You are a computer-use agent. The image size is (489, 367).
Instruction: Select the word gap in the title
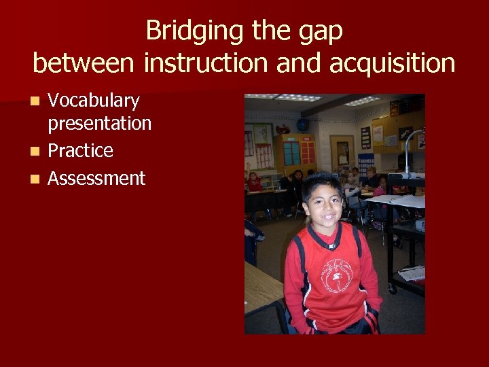[318, 31]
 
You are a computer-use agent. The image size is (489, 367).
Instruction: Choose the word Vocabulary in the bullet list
[94, 101]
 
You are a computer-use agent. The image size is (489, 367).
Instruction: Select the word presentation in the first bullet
[99, 124]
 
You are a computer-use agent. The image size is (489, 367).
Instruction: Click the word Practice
[80, 150]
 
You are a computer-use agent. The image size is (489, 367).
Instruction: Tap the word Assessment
[96, 178]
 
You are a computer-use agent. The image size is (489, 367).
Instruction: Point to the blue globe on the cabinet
[302, 125]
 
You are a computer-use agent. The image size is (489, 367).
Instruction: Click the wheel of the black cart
[392, 289]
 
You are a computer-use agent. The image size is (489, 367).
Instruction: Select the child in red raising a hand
[254, 182]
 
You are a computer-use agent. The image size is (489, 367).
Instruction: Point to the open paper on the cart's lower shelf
[412, 273]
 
